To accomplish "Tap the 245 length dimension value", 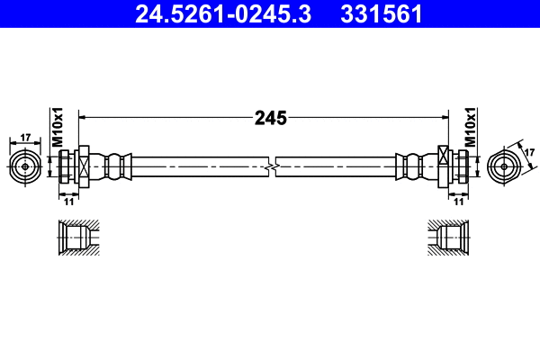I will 270,117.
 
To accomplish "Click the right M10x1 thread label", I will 470,127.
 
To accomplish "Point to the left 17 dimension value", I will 24,138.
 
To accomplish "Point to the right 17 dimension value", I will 524,145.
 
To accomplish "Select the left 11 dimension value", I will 68,202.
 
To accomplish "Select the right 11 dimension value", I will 459,202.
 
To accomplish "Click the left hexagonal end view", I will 24,166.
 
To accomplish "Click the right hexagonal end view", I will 504,166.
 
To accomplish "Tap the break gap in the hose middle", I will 272,166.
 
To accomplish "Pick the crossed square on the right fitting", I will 444,166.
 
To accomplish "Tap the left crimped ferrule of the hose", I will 115,166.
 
